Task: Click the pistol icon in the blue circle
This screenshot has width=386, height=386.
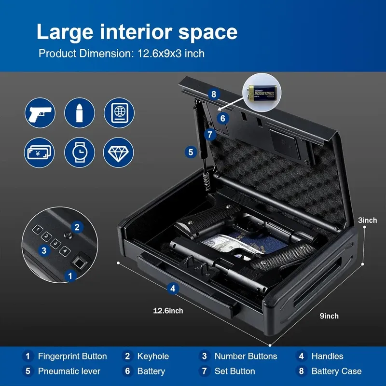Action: coord(40,113)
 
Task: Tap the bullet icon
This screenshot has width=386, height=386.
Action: coord(80,113)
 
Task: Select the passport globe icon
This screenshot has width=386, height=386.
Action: coord(119,113)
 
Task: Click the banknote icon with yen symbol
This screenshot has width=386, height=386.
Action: coord(40,152)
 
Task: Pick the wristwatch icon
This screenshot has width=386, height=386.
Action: coord(80,152)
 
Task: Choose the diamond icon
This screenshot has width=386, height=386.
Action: coord(118,152)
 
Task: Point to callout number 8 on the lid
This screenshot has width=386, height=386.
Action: coord(214,94)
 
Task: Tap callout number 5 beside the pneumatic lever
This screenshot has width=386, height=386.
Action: coord(191,152)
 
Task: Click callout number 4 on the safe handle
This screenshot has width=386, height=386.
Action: coord(173,289)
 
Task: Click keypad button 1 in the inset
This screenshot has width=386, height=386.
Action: coord(38,230)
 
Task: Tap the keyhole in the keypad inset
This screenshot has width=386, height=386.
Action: coord(68,235)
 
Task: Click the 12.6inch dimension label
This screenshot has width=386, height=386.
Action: coord(168,311)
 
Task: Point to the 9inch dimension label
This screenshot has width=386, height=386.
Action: coord(329,316)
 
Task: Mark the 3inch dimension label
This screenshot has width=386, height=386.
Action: coord(368,220)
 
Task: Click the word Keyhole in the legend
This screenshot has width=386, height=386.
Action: coord(153,356)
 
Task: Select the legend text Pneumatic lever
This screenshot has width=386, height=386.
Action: coord(69,371)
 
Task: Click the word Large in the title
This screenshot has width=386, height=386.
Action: coord(65,32)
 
